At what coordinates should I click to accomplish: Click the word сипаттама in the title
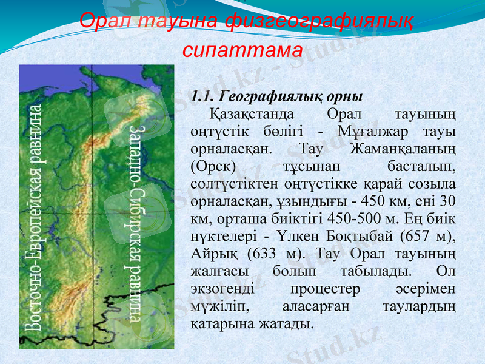pos(242,48)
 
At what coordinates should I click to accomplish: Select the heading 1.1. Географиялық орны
pos(276,96)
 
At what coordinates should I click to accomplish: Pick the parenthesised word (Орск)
pos(216,166)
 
